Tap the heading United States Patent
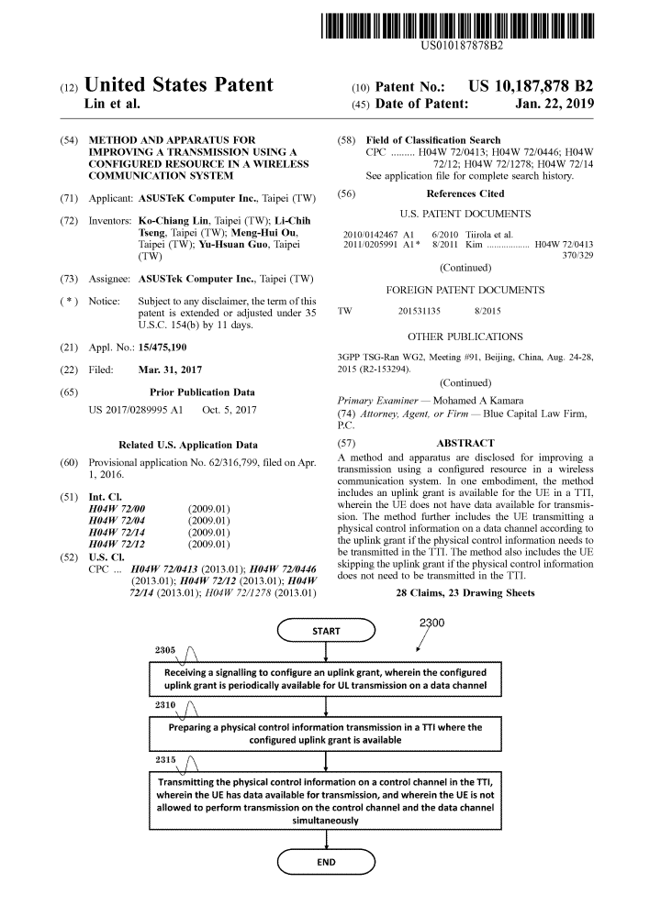click(179, 86)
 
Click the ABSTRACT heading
click(465, 443)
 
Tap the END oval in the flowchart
click(326, 862)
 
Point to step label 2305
click(169, 650)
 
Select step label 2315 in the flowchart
click(169, 759)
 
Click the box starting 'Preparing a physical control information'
click(326, 733)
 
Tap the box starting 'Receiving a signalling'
click(326, 679)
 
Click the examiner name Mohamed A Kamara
click(506, 401)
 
